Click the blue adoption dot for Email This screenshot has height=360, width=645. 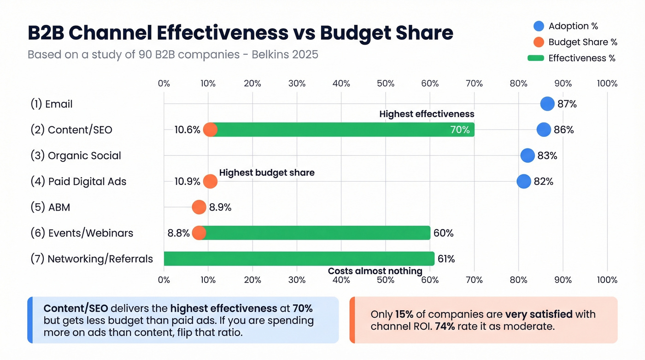547,104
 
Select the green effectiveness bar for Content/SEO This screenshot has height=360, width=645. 341,130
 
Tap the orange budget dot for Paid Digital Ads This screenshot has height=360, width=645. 210,181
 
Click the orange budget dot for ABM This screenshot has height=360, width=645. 199,207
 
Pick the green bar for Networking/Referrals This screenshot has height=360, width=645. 299,259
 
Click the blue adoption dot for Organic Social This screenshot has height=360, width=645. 528,155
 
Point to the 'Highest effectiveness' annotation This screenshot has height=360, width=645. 427,114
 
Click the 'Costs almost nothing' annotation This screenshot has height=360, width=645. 375,271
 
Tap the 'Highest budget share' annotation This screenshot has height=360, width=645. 267,173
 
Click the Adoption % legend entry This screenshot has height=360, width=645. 573,26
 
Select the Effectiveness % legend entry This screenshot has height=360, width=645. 581,58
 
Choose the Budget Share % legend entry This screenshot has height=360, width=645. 582,42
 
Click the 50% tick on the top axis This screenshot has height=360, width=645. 386,83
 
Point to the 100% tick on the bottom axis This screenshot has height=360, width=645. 607,280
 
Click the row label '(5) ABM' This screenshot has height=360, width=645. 50,207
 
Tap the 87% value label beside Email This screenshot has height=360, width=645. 567,104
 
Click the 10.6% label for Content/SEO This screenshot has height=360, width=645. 187,130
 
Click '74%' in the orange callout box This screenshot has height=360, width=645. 446,327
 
